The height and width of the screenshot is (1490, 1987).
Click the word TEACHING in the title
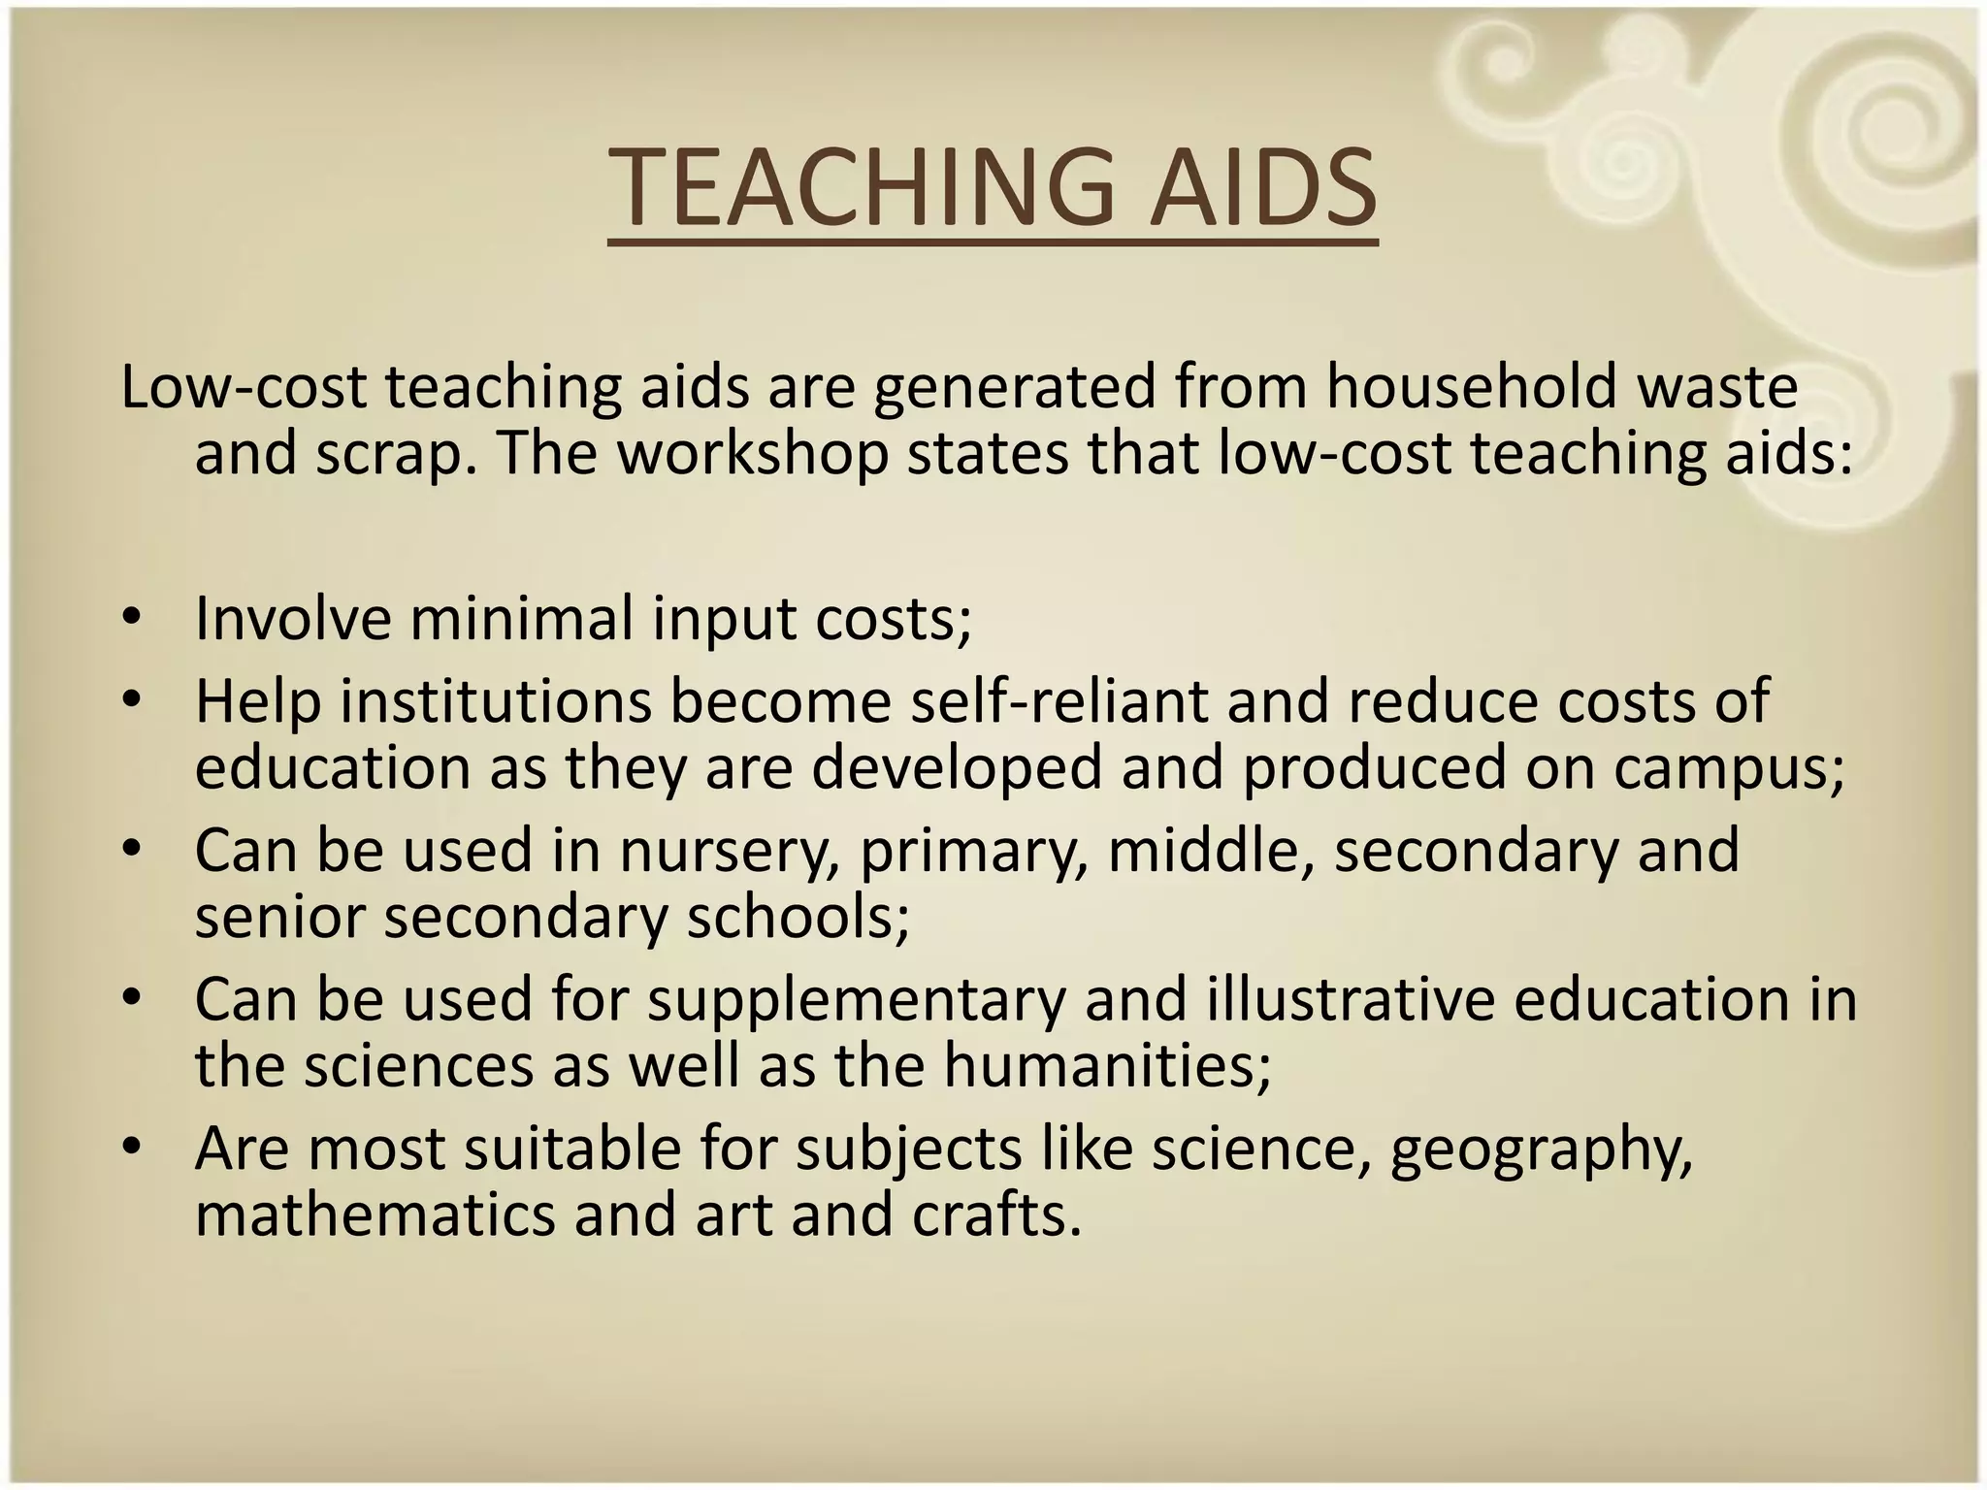point(864,187)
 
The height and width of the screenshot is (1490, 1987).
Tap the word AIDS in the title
point(1262,187)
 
